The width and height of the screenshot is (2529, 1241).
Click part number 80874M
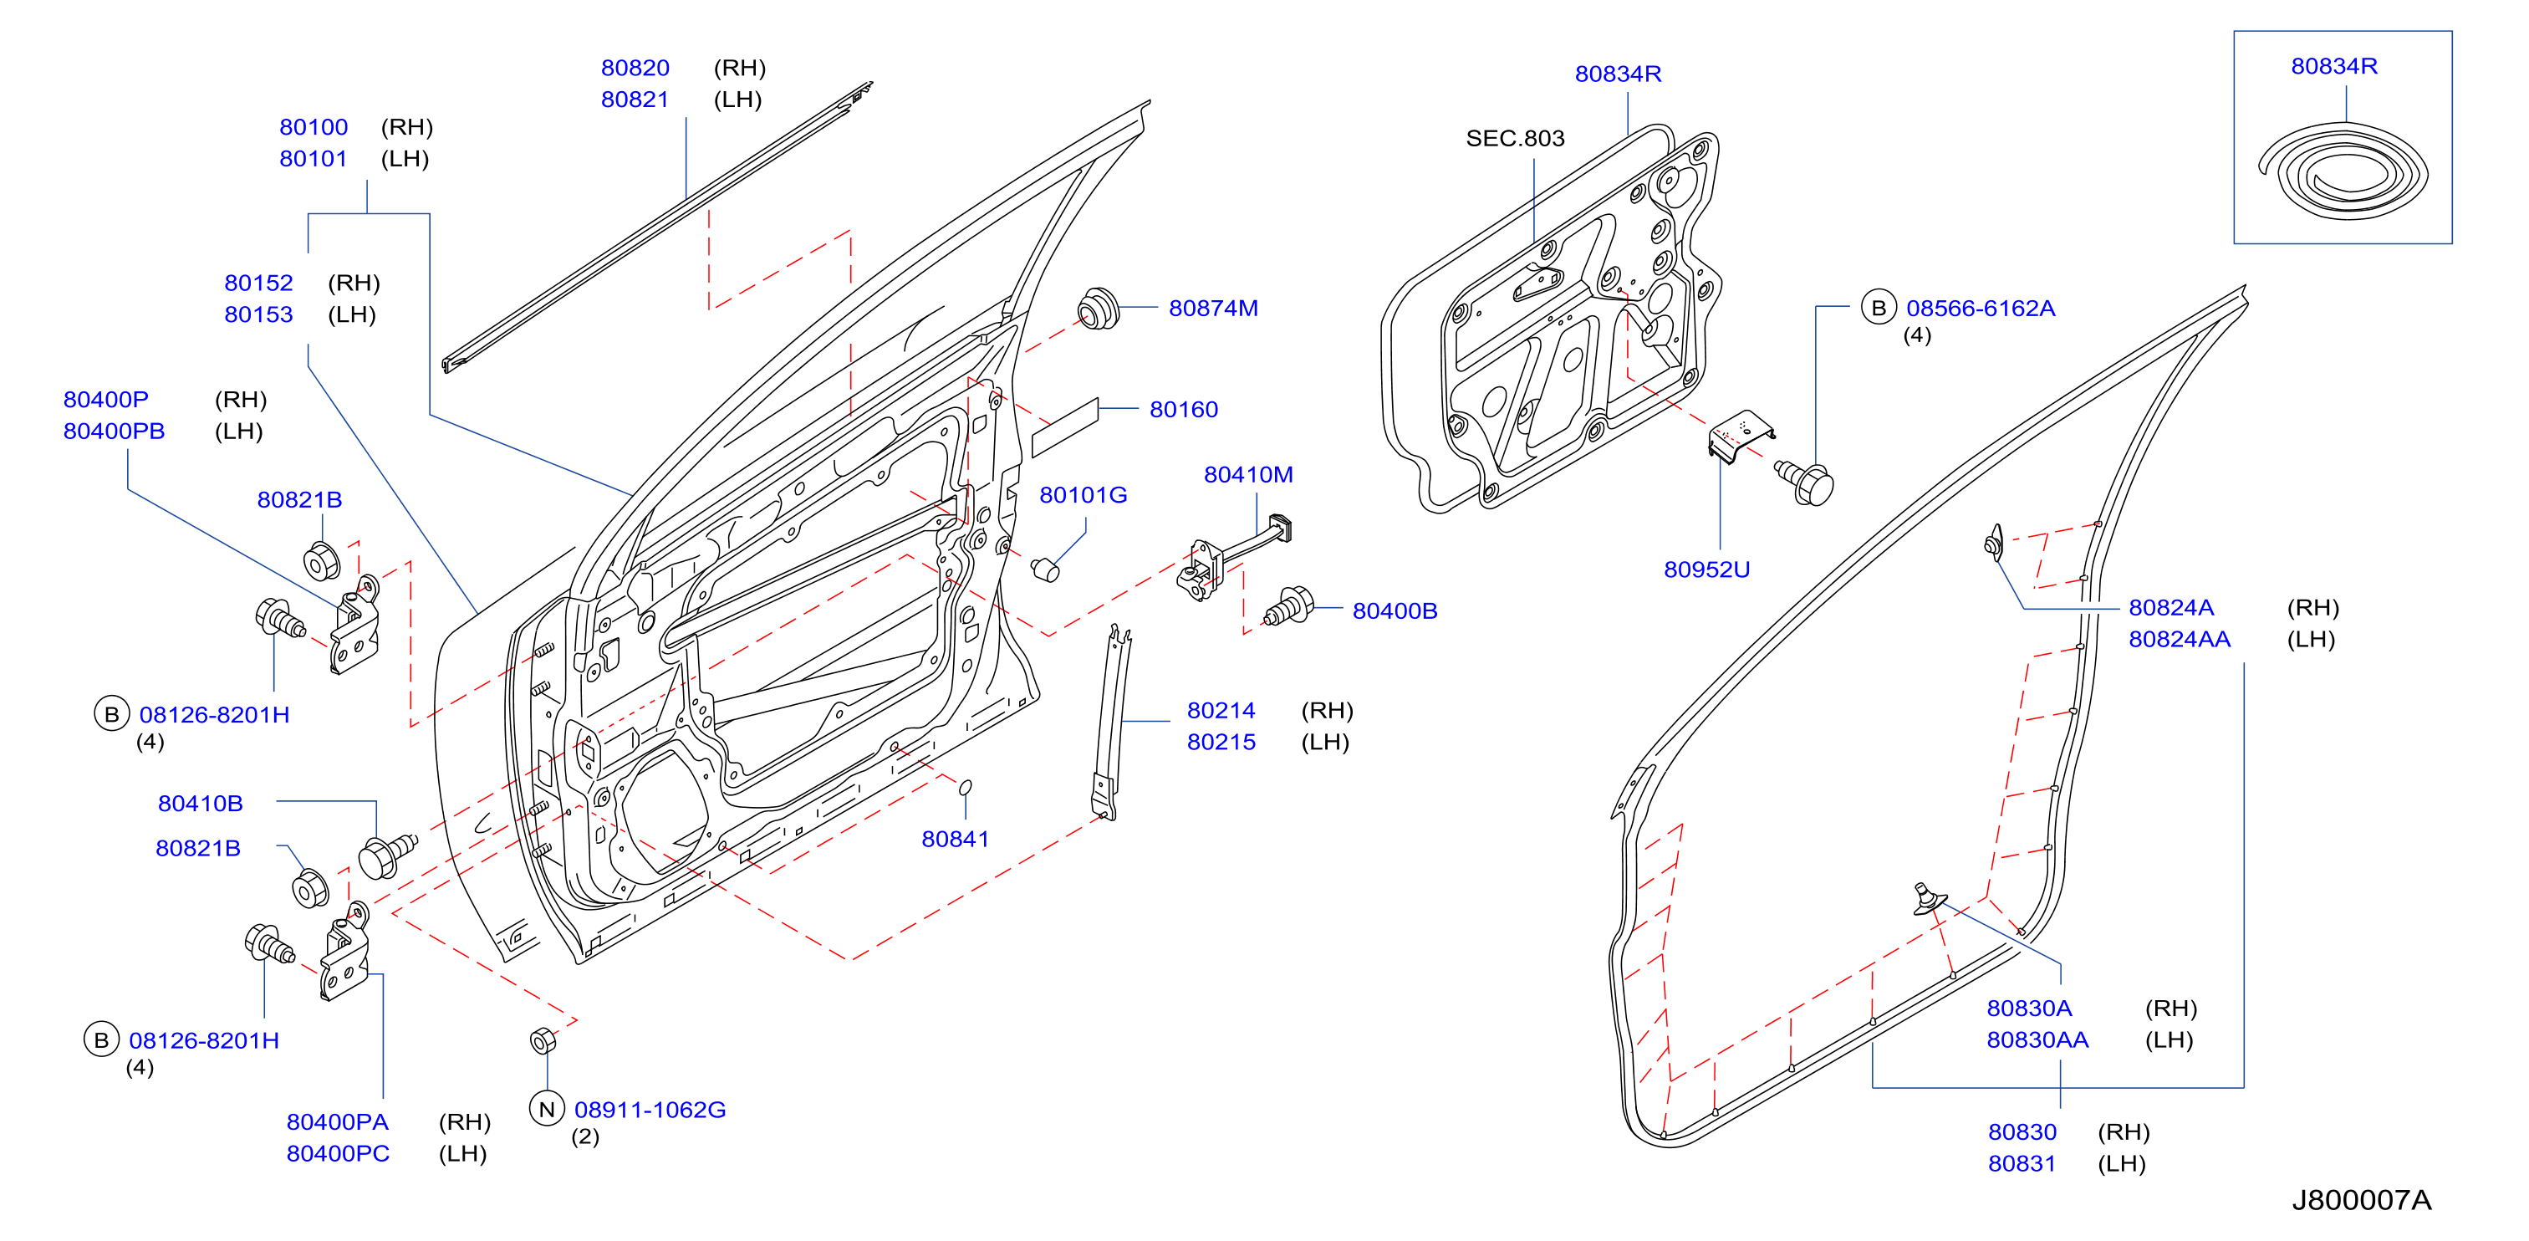tap(1212, 309)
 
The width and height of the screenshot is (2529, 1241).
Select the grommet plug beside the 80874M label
tap(1098, 309)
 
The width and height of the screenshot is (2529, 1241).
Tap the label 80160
tap(1183, 410)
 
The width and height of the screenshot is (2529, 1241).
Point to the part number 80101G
tap(1083, 495)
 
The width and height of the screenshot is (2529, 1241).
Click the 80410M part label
tap(1248, 474)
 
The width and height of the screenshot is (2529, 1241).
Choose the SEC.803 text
tap(1515, 139)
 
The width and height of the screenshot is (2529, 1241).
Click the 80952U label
tap(1706, 569)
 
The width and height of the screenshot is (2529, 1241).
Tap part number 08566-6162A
tap(1981, 309)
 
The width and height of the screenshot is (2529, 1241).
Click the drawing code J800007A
tap(2361, 1200)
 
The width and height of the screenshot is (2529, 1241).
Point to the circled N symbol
tap(547, 1109)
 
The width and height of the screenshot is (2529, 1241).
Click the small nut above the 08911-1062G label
tap(543, 1039)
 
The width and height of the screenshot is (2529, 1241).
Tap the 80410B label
tap(201, 803)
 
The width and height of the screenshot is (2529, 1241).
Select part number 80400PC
tap(338, 1154)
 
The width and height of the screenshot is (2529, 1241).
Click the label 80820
tap(635, 68)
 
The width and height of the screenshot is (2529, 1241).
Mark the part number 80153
tap(258, 314)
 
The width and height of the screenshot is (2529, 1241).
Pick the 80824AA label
tap(2179, 639)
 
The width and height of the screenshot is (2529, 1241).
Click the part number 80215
tap(1221, 743)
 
